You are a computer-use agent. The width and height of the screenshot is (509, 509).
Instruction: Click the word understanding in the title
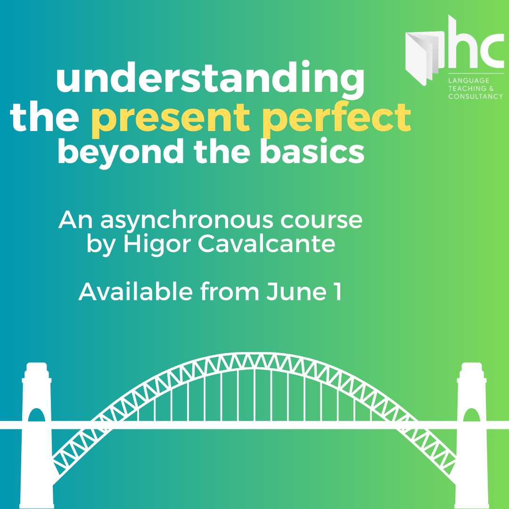coord(210,81)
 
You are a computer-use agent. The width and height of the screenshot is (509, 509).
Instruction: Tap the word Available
coord(136,292)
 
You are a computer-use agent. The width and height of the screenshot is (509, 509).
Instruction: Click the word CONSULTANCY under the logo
coord(475,97)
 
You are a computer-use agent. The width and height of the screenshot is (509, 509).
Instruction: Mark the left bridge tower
coord(37,434)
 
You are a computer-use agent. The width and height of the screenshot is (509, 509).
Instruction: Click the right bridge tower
coord(472,434)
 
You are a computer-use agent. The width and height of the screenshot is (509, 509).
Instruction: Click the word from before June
coord(230,292)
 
